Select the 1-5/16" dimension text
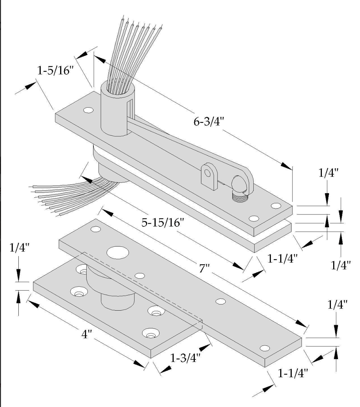[54, 71]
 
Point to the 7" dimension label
[205, 268]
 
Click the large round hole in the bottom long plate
[118, 252]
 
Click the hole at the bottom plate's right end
[265, 348]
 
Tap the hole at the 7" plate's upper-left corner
[96, 229]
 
